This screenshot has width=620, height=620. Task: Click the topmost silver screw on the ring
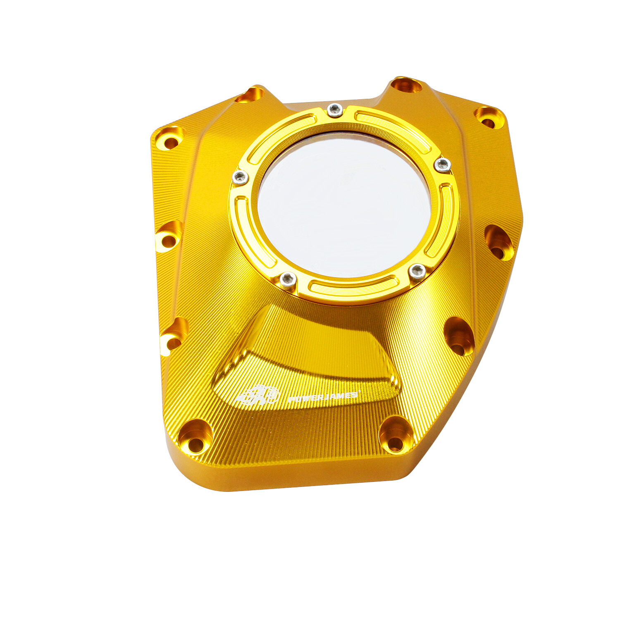(335, 110)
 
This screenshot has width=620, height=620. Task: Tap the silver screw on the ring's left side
(240, 178)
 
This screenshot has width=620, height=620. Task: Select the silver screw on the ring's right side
(443, 165)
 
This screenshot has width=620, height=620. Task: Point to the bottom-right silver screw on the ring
(417, 272)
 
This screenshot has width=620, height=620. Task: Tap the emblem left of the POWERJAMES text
(257, 395)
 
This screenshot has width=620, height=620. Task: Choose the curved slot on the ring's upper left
(281, 136)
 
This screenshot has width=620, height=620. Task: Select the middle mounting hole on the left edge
(169, 236)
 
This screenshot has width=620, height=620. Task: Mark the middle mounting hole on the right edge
(499, 244)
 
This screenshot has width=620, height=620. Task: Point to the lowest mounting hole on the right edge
(459, 337)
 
